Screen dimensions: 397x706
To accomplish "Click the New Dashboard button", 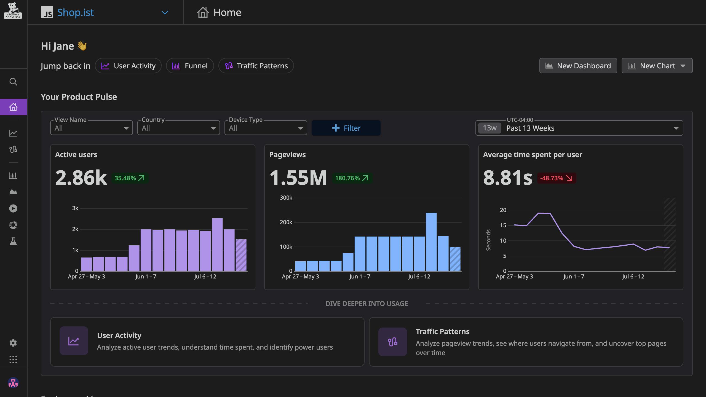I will coord(578,66).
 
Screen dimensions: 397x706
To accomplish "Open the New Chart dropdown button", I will coord(657,66).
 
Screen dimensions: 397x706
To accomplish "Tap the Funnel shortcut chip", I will coord(190,66).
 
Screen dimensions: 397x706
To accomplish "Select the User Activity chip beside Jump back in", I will coord(128,66).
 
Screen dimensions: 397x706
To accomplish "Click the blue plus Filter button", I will coord(346,128).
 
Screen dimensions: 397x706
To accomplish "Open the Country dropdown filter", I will coord(178,128).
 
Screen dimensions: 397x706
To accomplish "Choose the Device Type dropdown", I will coord(266,128).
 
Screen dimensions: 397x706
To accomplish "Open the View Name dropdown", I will coord(91,128).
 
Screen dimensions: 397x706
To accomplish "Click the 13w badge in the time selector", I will coord(490,128).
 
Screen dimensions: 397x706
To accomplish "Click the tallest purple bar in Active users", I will coord(217,245).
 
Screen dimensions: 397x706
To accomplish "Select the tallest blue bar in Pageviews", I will coord(431,242).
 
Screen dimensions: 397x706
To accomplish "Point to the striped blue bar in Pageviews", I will coord(455,259).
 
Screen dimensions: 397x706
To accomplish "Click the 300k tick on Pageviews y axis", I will coord(286,198).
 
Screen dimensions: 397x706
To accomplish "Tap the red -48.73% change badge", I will coord(556,178).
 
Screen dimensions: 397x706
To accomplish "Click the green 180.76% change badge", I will coord(352,178).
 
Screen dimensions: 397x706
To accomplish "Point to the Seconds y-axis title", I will coord(488,240).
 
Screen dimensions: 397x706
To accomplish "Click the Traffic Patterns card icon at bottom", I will coord(392,342).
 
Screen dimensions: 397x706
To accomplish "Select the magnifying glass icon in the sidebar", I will coord(13,82).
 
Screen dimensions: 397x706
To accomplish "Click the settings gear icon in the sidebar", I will coord(13,343).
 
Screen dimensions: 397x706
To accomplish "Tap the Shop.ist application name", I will coord(75,12).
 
